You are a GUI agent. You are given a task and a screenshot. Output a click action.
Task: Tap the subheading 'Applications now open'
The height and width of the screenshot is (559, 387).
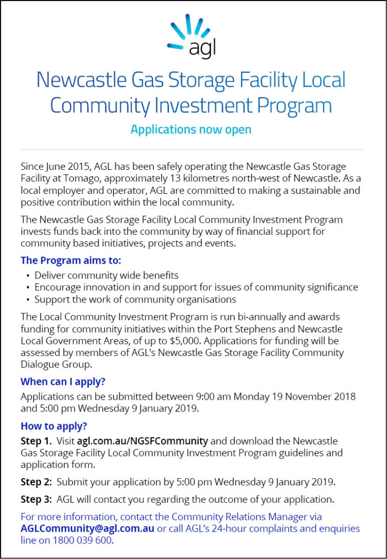click(x=191, y=130)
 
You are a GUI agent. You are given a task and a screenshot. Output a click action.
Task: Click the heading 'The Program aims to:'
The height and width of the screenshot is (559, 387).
click(x=71, y=260)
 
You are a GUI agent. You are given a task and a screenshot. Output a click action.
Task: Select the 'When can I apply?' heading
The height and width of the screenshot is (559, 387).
click(x=63, y=381)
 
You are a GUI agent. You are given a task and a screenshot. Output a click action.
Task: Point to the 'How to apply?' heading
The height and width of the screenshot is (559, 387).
click(x=54, y=426)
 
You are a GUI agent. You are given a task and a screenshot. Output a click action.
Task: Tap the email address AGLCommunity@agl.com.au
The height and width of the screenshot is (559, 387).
click(x=87, y=528)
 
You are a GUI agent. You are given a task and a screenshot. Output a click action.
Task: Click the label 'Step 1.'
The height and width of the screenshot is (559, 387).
click(x=36, y=441)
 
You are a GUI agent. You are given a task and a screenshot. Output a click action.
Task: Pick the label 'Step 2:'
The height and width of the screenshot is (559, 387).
click(x=36, y=482)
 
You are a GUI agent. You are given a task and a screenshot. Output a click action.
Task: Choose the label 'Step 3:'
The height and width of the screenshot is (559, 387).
click(x=36, y=499)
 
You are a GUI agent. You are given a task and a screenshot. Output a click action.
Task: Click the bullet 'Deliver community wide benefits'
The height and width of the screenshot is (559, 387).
click(x=106, y=275)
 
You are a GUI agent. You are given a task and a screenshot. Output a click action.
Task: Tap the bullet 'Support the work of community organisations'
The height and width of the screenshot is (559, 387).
click(x=135, y=299)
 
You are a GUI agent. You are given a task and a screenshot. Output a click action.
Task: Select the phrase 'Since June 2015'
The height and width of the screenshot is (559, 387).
click(x=54, y=166)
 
